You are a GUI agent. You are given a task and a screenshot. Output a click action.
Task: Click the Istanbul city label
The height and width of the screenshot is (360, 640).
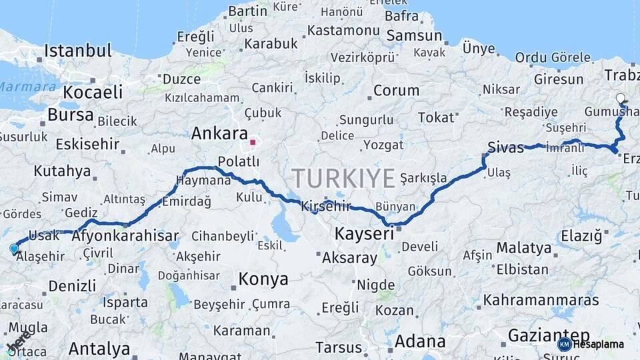coord(78,51)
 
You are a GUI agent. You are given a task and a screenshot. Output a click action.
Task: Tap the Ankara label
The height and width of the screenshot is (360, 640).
coord(219,133)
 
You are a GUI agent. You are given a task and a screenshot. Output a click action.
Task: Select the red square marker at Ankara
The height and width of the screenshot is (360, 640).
coord(253,141)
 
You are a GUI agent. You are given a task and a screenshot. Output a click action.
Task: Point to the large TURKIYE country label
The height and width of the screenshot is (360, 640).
coord(343,179)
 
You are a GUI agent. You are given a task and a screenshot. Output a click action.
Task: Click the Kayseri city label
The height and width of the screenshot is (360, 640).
coord(364,233)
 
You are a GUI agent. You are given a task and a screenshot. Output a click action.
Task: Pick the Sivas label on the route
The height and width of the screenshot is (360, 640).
coord(506,147)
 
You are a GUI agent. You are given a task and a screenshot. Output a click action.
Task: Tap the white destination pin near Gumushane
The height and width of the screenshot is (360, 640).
coord(621,99)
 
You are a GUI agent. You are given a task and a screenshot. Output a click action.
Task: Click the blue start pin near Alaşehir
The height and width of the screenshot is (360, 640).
coord(14,249)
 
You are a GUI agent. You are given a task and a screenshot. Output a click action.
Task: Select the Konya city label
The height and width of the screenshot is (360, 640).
coord(263,279)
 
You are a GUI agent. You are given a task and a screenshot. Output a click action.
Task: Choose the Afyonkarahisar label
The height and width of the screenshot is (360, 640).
coord(125,235)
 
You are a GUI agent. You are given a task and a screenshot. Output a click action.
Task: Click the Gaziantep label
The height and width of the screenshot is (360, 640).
coord(548,335)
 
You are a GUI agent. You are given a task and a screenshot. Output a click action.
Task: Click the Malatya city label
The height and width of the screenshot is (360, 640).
coord(524,248)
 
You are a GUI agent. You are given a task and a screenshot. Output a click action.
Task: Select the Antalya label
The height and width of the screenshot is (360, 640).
coord(99,348)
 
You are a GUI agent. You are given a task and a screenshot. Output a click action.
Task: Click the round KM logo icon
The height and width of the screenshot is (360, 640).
coord(564,344)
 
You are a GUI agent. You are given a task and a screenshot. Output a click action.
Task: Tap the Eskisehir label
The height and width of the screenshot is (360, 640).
coord(87,144)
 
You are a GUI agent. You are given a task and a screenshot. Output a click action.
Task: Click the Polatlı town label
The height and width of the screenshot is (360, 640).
coord(239,161)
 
